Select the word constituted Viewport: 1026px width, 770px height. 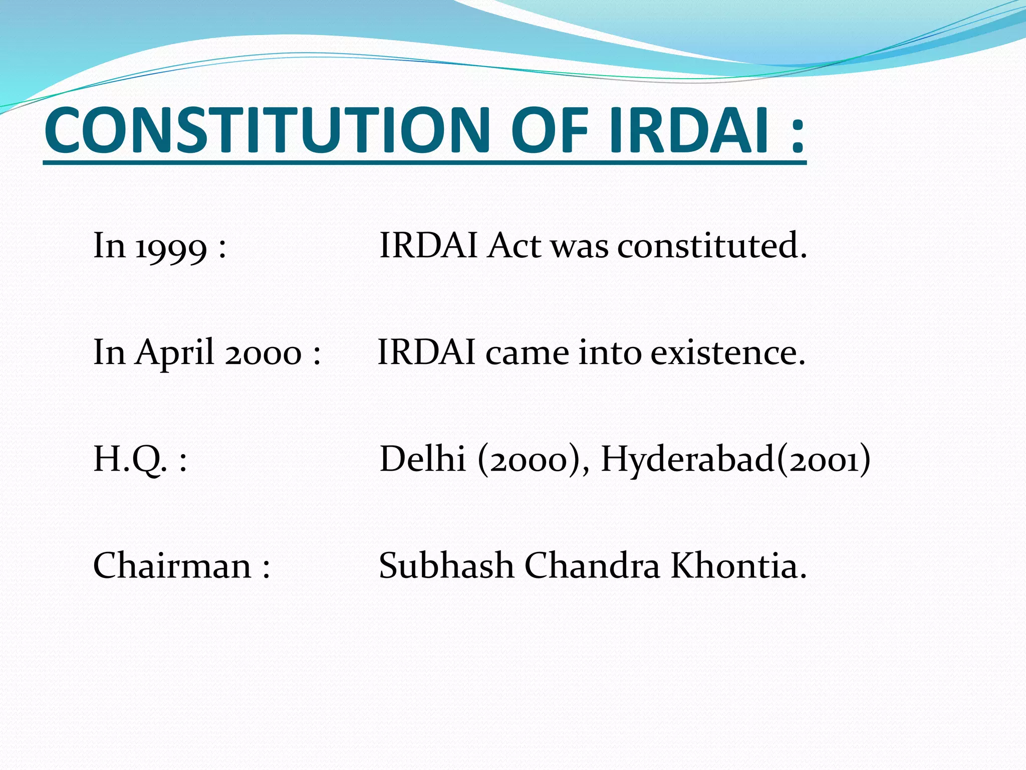(x=712, y=247)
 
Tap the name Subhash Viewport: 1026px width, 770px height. (x=446, y=566)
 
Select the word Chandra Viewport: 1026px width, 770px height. (x=592, y=566)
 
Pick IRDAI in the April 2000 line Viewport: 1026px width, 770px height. (x=426, y=353)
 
